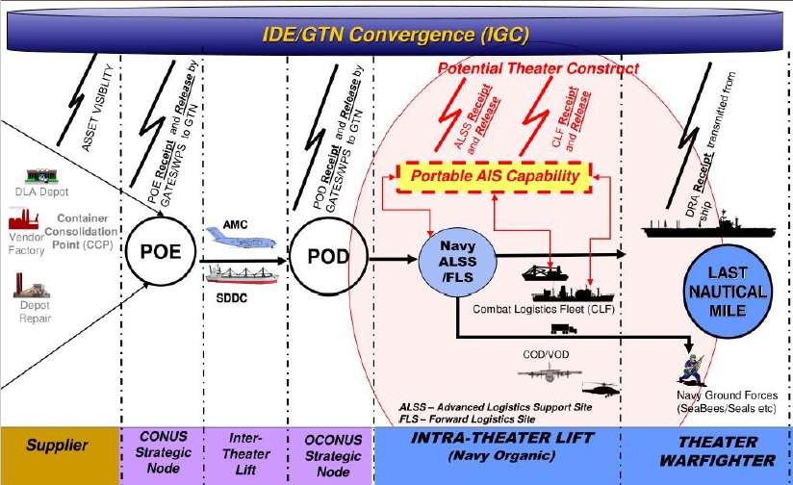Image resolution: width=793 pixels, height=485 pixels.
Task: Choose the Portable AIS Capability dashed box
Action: [x=495, y=176]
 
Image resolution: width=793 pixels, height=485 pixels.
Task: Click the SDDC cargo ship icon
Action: [x=242, y=274]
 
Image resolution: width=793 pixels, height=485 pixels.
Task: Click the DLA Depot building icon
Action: [x=38, y=177]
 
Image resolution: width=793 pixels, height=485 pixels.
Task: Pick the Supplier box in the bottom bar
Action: [x=58, y=446]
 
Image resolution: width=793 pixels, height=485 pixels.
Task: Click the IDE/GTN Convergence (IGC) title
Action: [x=396, y=35]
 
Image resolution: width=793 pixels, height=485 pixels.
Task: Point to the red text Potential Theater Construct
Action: [x=538, y=69]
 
